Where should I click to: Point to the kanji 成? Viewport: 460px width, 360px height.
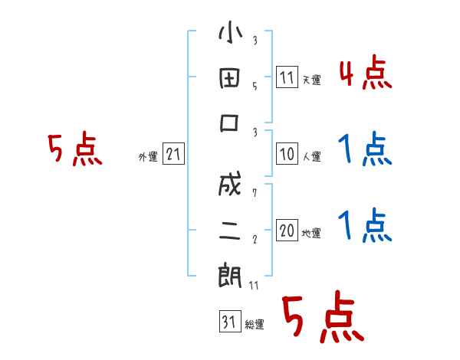[x=230, y=187]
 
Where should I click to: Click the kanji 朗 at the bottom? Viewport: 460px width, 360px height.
[x=230, y=276]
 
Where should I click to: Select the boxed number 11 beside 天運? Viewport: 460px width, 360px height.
[x=287, y=77]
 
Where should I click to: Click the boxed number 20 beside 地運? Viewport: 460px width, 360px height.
[x=287, y=231]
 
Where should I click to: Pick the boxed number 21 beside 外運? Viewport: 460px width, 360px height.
[x=172, y=155]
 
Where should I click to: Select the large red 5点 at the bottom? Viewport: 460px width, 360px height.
[x=322, y=319]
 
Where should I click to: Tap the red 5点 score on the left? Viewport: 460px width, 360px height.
[x=74, y=150]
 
